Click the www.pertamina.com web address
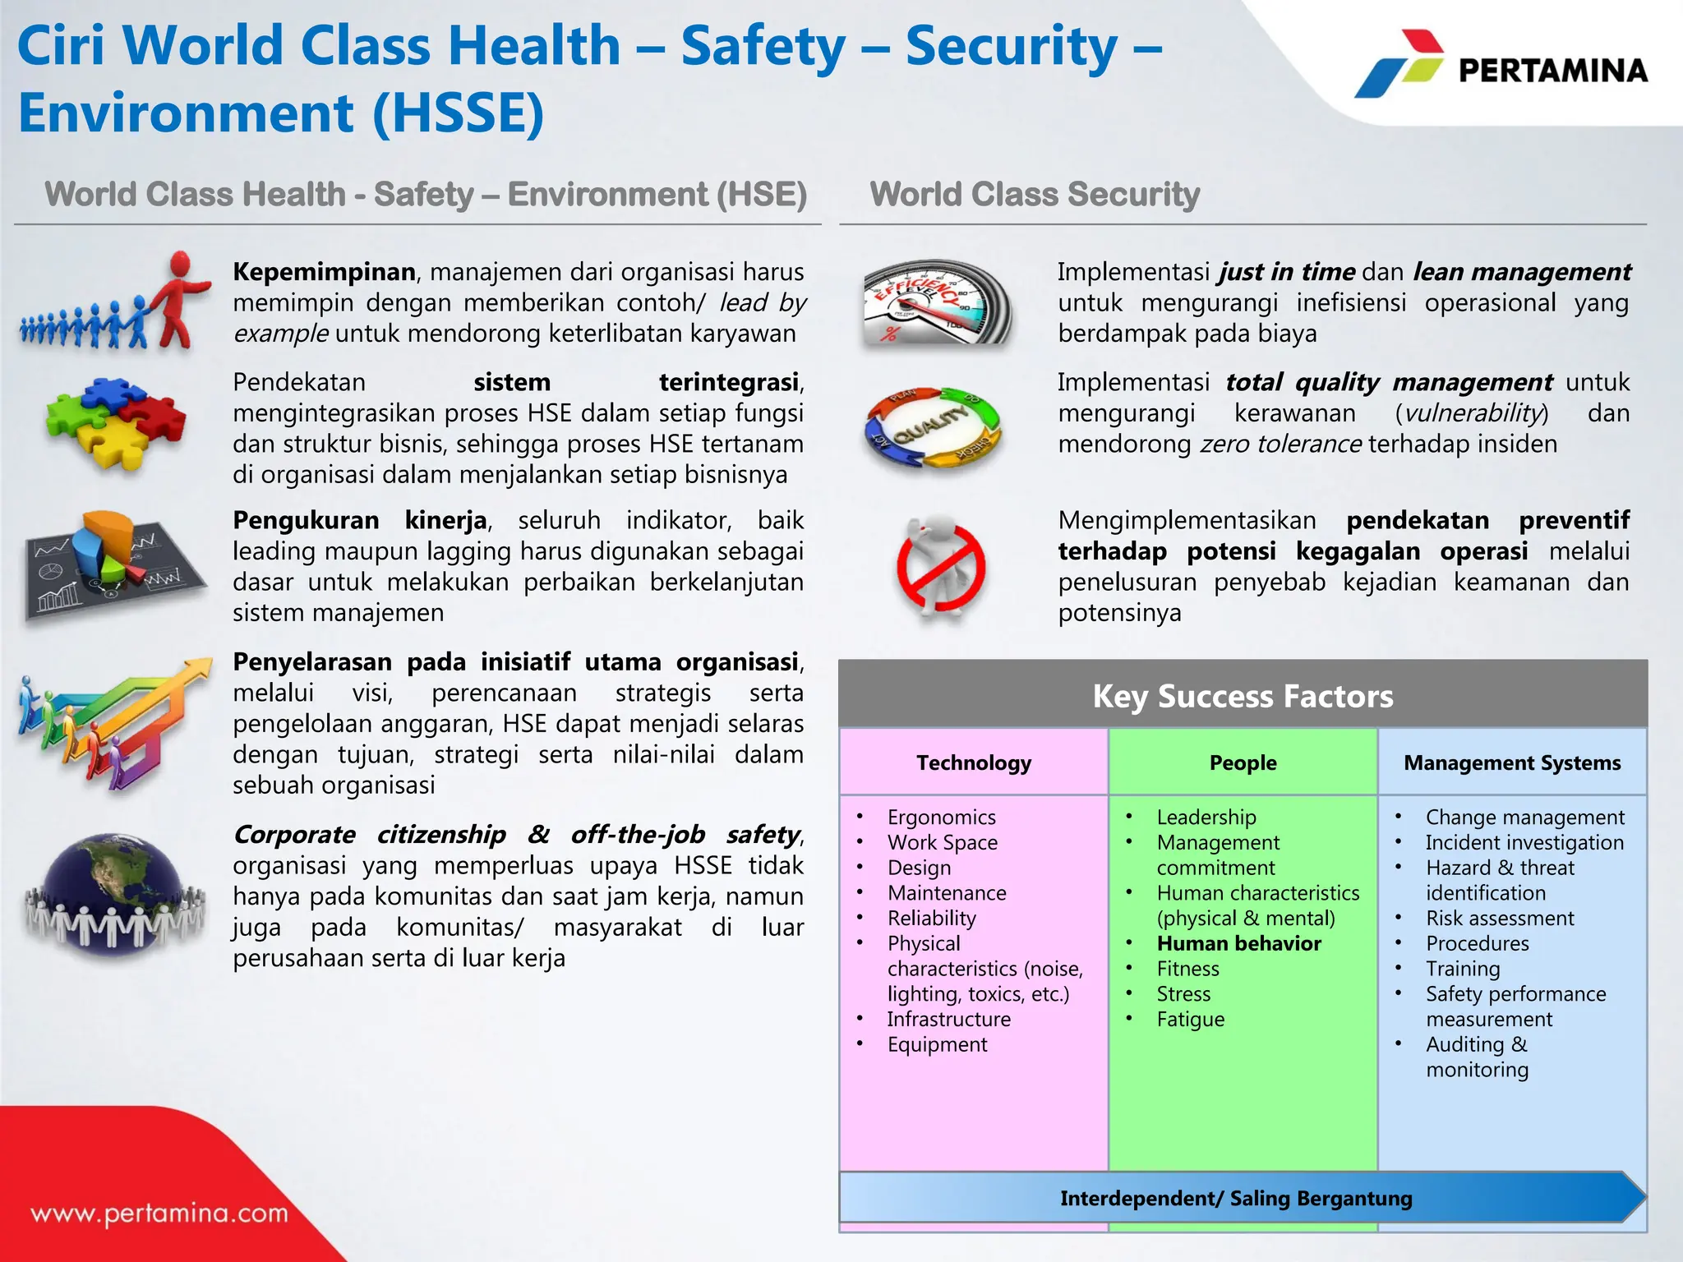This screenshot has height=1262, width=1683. (x=159, y=1213)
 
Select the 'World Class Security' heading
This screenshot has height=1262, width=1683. (x=1035, y=195)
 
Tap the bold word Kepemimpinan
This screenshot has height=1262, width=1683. (x=324, y=272)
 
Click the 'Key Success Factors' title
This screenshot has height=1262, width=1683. (x=1243, y=696)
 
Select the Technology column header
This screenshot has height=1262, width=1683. (x=974, y=762)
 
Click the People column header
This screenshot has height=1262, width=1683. (x=1243, y=762)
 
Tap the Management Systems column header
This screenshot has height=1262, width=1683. (x=1512, y=762)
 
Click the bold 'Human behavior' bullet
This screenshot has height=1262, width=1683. (x=1238, y=943)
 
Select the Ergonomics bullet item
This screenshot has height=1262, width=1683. (x=941, y=817)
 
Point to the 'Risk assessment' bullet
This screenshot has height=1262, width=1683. (x=1500, y=918)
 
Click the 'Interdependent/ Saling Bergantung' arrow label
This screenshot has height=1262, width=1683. (x=1235, y=1198)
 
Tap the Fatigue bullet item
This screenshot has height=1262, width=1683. (x=1190, y=1019)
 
